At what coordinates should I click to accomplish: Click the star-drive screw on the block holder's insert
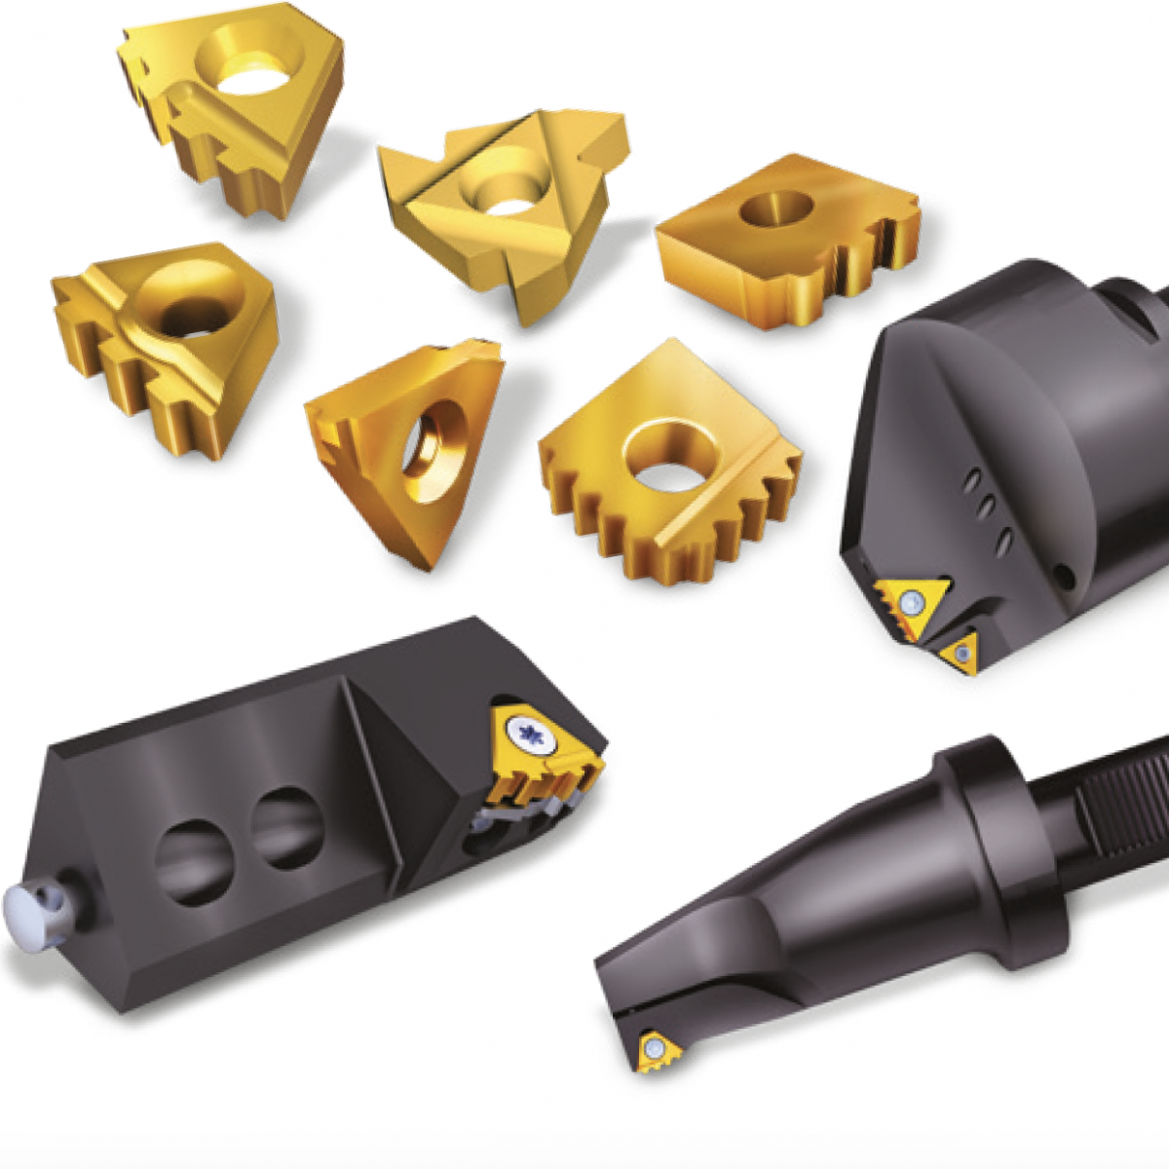click(531, 735)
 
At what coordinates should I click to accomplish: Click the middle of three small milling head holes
click(985, 508)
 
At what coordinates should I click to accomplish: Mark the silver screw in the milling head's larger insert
click(911, 601)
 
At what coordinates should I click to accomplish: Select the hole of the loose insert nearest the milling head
click(776, 209)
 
